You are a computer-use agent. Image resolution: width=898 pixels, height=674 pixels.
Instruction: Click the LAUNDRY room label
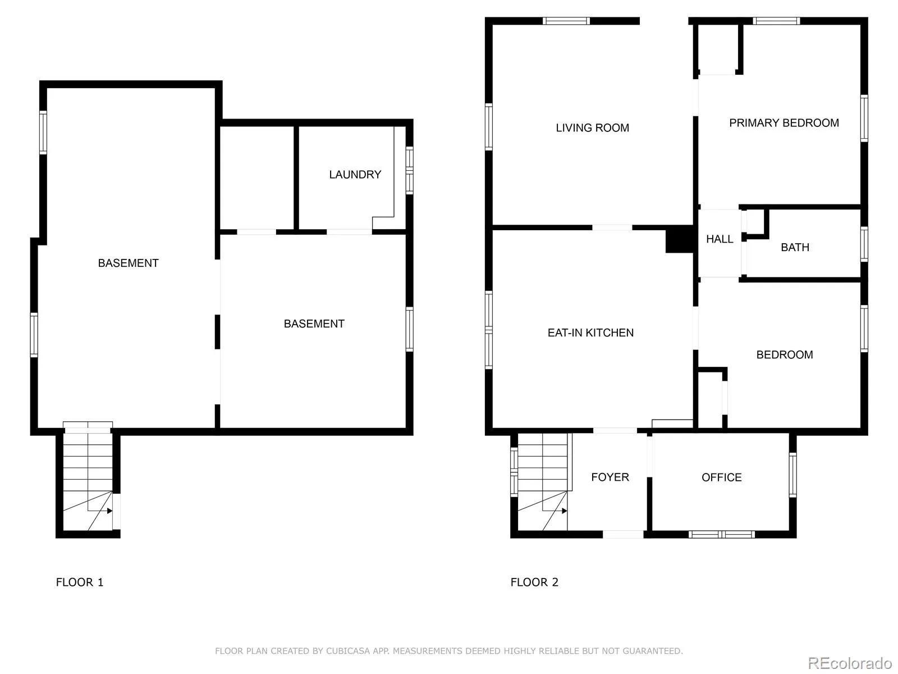click(x=355, y=175)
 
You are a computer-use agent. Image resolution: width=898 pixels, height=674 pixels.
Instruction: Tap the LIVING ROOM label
click(x=592, y=128)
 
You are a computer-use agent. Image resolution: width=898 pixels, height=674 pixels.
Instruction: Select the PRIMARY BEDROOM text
click(x=784, y=123)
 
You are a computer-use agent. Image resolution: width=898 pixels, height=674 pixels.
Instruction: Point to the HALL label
click(x=720, y=239)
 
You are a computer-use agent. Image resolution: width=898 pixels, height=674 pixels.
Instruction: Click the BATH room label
click(x=795, y=247)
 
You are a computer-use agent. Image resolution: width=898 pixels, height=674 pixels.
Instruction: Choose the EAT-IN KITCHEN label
click(x=590, y=333)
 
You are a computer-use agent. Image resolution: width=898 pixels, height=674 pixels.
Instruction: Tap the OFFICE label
click(x=721, y=477)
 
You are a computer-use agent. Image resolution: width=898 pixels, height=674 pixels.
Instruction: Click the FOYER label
click(x=610, y=477)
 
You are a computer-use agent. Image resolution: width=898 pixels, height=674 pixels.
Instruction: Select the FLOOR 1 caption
click(x=80, y=582)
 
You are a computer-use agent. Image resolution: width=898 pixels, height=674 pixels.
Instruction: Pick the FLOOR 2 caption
click(x=534, y=582)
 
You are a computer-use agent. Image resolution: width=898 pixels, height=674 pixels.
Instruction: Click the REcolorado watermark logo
click(x=850, y=663)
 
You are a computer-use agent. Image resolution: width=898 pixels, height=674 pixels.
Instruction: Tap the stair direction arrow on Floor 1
click(x=109, y=511)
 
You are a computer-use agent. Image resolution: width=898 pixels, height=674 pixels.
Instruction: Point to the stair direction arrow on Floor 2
click(x=563, y=511)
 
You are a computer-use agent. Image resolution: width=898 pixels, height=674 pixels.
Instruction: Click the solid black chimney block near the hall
click(x=680, y=239)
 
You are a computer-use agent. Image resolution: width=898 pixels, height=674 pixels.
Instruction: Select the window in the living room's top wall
click(x=566, y=21)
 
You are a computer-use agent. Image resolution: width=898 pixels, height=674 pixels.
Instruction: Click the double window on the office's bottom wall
click(x=721, y=534)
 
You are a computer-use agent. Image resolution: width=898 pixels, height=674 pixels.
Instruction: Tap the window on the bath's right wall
click(x=864, y=244)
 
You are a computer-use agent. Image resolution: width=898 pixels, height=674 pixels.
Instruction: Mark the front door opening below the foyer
click(x=623, y=534)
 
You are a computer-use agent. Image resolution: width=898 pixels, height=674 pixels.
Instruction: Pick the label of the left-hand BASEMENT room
click(x=128, y=263)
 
